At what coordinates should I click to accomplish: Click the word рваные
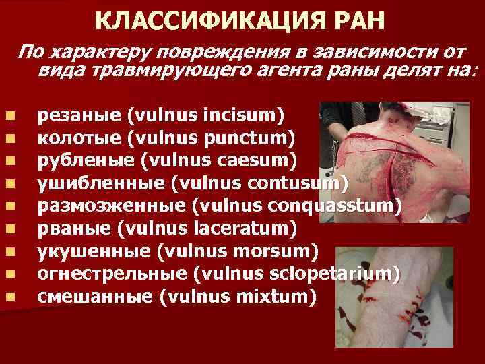click(x=73, y=229)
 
